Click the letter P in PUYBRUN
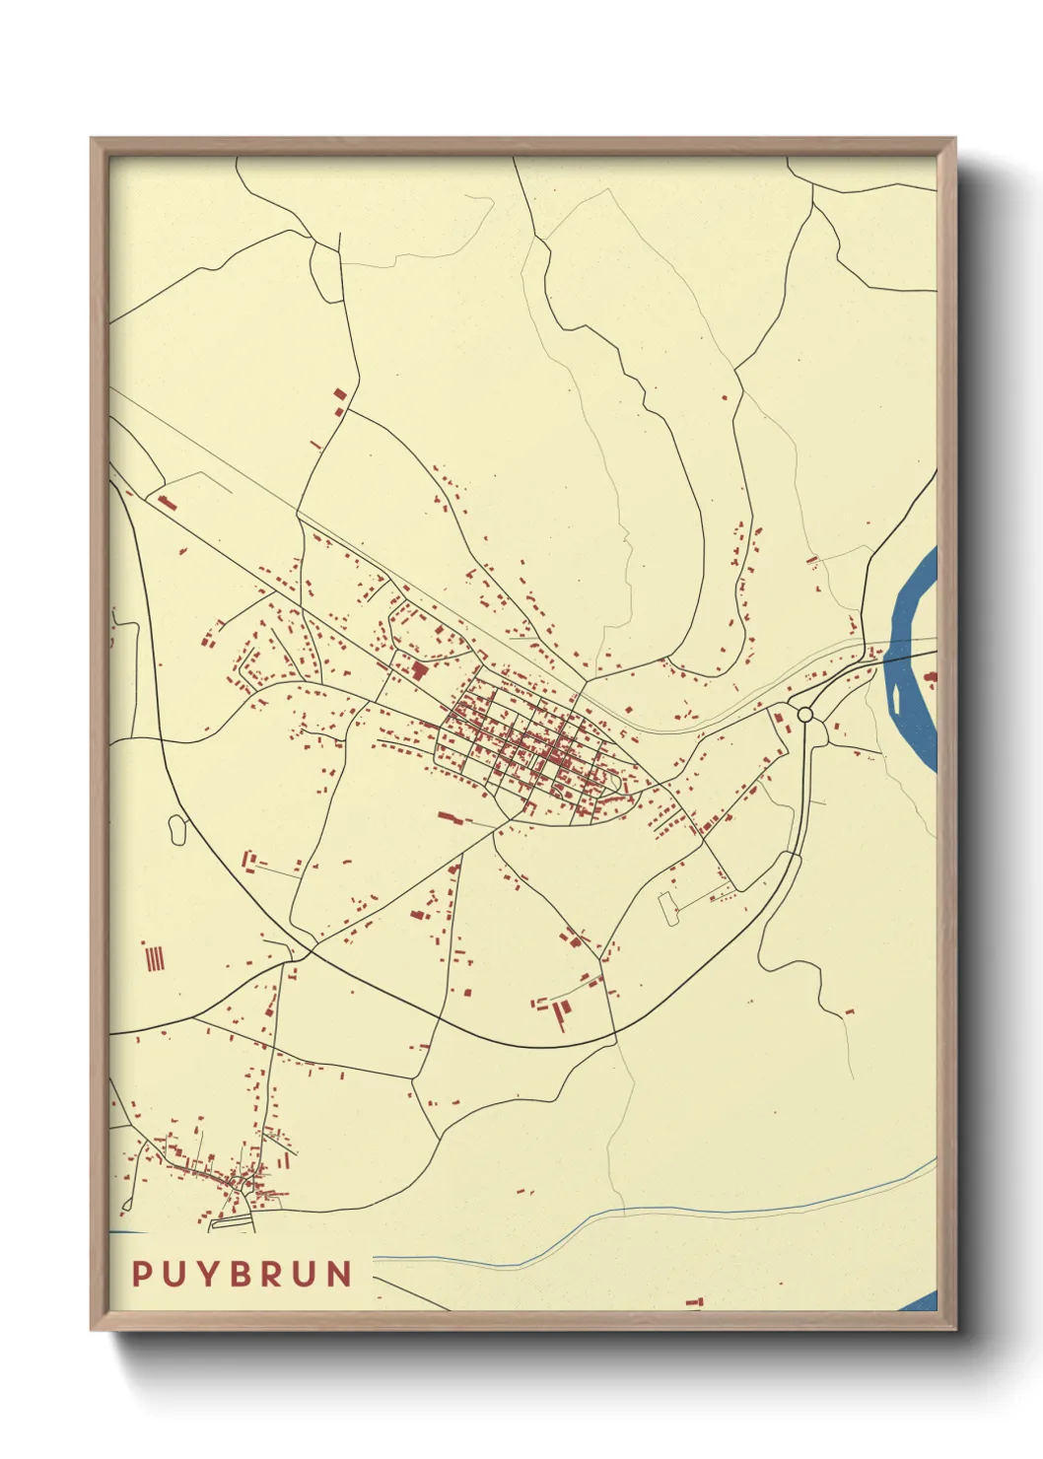pyautogui.click(x=142, y=1274)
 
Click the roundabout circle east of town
pyautogui.click(x=805, y=714)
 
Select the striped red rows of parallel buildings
pyautogui.click(x=154, y=957)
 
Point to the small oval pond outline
pyautogui.click(x=177, y=829)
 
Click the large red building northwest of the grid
pyautogui.click(x=420, y=671)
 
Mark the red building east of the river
pyautogui.click(x=931, y=676)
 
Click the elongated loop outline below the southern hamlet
pyautogui.click(x=233, y=1222)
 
